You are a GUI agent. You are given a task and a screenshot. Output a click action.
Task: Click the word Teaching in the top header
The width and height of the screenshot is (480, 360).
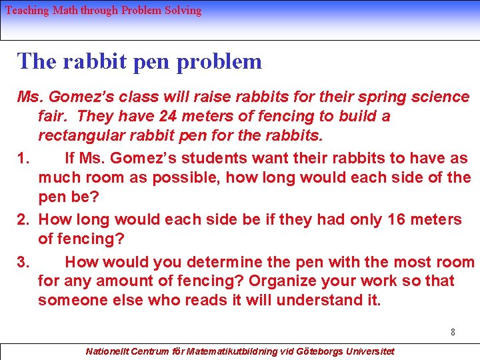27,10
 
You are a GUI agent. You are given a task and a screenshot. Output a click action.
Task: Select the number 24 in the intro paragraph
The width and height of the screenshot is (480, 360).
168,116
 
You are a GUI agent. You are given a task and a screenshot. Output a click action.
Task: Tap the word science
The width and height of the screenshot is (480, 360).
441,97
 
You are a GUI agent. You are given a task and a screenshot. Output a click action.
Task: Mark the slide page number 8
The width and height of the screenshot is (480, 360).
453,331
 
